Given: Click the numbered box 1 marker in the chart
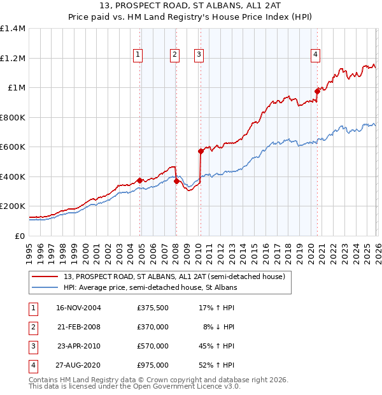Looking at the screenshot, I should click(x=138, y=55).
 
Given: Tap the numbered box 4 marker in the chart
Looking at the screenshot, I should click(x=315, y=55).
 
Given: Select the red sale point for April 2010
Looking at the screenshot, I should click(x=201, y=152).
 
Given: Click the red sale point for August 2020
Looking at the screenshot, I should click(x=317, y=91).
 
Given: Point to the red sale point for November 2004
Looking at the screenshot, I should click(x=139, y=180).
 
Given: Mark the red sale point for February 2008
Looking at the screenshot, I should click(x=176, y=181).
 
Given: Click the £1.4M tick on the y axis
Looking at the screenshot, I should click(x=13, y=29).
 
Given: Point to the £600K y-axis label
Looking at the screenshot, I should click(x=13, y=147).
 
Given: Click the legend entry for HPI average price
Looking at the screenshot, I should click(x=150, y=288).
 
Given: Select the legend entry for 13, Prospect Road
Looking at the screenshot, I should click(x=177, y=276).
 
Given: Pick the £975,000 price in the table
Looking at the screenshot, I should click(x=153, y=366).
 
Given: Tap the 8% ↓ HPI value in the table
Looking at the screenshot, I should click(x=219, y=327).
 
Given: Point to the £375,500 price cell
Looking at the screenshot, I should click(x=153, y=308).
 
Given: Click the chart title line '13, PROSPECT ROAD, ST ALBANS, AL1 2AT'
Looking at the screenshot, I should click(x=191, y=6).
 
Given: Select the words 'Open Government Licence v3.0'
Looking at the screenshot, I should click(x=190, y=387).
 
